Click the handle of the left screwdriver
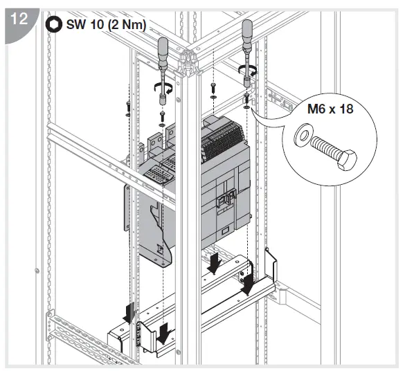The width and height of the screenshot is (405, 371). click(x=165, y=51)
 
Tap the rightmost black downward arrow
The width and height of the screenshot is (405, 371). click(x=247, y=284)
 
